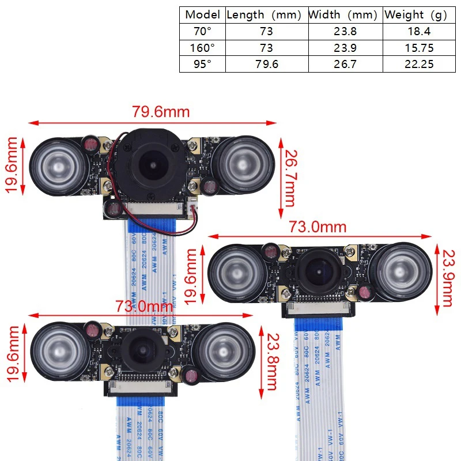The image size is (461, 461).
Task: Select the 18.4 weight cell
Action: pyautogui.click(x=419, y=32)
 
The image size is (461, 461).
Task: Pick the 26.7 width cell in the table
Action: pyautogui.click(x=345, y=64)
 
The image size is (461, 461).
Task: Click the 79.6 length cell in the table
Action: pyautogui.click(x=266, y=64)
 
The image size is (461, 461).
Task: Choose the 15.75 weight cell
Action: pyautogui.click(x=419, y=48)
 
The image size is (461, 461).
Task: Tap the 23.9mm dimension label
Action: pyautogui.click(x=447, y=277)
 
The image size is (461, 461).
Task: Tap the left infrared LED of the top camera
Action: pyautogui.click(x=51, y=161)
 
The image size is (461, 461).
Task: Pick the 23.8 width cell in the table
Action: pyautogui.click(x=345, y=32)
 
